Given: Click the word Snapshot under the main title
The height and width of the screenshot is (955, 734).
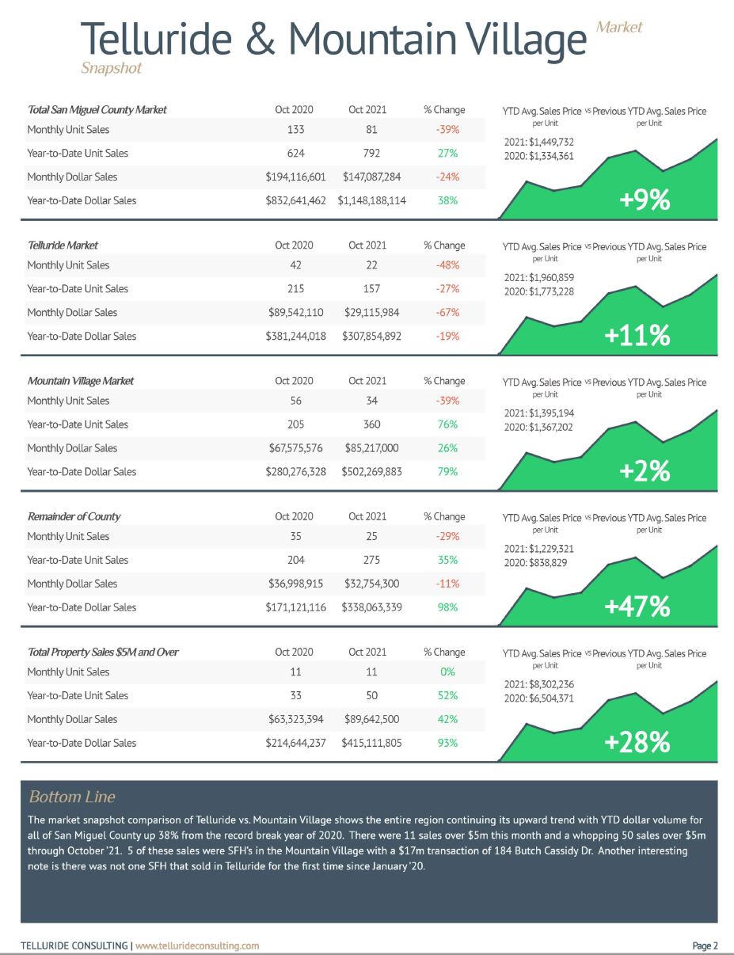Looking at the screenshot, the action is [x=112, y=68].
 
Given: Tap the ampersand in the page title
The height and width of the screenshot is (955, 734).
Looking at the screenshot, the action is [x=260, y=39].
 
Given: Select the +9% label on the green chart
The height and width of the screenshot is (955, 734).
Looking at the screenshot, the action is [x=645, y=200].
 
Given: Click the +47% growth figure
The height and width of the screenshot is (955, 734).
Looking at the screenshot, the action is [x=637, y=606].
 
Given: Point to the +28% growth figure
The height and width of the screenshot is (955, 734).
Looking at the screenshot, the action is [x=637, y=742].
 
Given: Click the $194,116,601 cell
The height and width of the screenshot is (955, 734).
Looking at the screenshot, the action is [x=295, y=177].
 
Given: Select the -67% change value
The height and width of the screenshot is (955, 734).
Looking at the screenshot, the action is [x=447, y=313].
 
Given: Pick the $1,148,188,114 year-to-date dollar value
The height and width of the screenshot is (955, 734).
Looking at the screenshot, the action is [x=371, y=201].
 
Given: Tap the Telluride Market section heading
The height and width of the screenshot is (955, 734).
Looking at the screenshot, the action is [x=63, y=245].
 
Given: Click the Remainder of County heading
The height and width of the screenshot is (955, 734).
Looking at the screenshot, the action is [x=74, y=516].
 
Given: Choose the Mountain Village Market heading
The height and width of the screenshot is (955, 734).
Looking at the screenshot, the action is [x=81, y=381].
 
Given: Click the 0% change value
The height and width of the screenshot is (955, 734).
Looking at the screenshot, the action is [x=447, y=672].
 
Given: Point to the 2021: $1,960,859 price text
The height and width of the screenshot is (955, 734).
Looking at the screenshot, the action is [x=539, y=278].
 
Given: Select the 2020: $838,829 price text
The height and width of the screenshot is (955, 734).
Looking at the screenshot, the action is [x=535, y=563].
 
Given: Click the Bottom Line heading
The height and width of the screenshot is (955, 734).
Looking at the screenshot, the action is [x=72, y=797].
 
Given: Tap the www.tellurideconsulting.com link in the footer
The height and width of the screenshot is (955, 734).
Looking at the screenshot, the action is [x=197, y=945].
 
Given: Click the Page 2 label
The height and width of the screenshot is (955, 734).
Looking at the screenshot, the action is [x=705, y=945].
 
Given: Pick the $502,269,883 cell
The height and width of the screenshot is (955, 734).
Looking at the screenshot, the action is [x=371, y=472].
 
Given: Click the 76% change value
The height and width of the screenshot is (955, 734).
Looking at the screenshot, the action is [x=447, y=424].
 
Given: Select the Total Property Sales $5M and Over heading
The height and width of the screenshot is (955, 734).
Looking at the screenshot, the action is [x=103, y=653].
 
